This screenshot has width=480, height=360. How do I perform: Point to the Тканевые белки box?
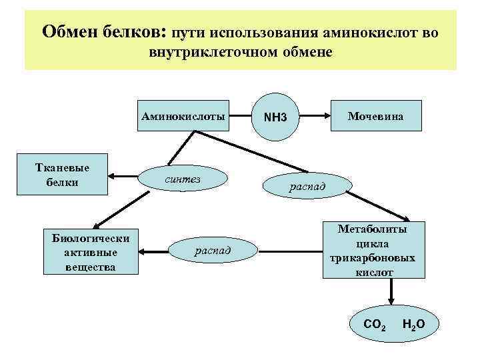click(63, 176)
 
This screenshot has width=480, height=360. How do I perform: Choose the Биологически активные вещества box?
click(90, 253)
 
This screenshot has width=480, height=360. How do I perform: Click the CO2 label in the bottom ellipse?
click(374, 325)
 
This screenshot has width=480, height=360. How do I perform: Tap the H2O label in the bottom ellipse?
click(413, 325)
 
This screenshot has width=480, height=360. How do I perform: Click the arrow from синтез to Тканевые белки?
click(123, 177)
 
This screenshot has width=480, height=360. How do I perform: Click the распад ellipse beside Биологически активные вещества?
click(213, 251)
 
